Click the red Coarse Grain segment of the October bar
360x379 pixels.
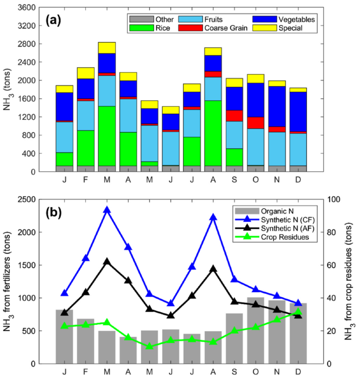[x=256, y=123]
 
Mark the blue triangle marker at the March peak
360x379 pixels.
[x=107, y=210]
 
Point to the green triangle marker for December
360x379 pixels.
[x=298, y=312]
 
